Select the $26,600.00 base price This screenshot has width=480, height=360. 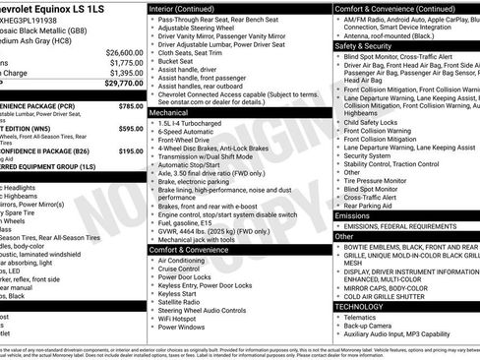coord(124,52)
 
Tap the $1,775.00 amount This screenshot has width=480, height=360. coord(126,63)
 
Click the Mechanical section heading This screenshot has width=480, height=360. coord(171,113)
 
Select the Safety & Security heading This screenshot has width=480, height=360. coord(362,45)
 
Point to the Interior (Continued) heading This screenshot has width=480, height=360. coord(188,7)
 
